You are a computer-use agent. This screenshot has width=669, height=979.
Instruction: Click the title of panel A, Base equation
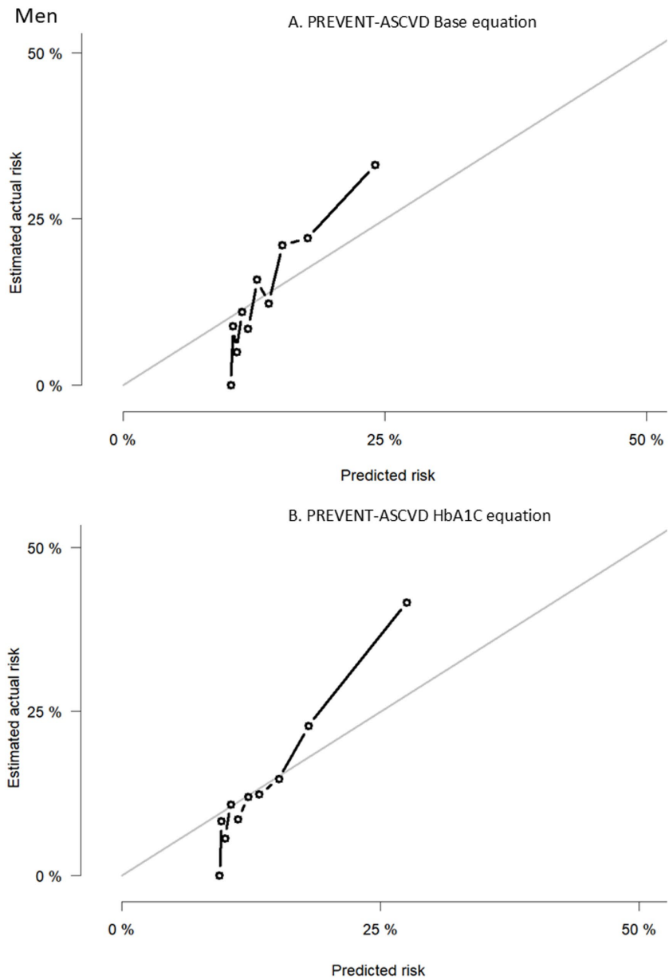[411, 22]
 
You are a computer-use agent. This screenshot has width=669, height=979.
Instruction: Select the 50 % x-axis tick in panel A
[646, 440]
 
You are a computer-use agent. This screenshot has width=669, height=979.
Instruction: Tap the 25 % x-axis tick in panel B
[380, 929]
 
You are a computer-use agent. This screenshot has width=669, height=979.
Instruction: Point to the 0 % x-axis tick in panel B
[122, 929]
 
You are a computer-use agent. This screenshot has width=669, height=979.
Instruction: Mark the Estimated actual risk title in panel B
[16, 711]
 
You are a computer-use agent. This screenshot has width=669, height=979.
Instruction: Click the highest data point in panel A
[375, 165]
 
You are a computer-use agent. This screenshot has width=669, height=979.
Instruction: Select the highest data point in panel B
[407, 602]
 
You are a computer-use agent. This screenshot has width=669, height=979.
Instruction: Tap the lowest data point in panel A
[231, 385]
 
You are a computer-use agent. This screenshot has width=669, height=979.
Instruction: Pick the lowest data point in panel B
[219, 875]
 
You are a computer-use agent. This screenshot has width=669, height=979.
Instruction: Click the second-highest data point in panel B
[309, 726]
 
